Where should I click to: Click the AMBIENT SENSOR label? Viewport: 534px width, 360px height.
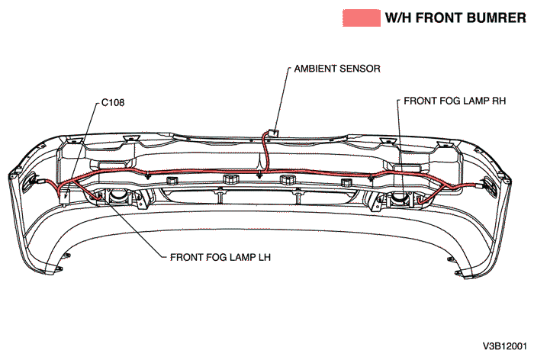pyautogui.click(x=337, y=69)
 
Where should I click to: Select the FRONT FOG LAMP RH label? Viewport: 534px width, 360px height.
pyautogui.click(x=455, y=101)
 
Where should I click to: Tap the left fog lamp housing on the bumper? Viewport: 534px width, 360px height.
pyautogui.click(x=118, y=197)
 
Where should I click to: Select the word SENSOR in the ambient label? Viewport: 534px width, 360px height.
pyautogui.click(x=360, y=69)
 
